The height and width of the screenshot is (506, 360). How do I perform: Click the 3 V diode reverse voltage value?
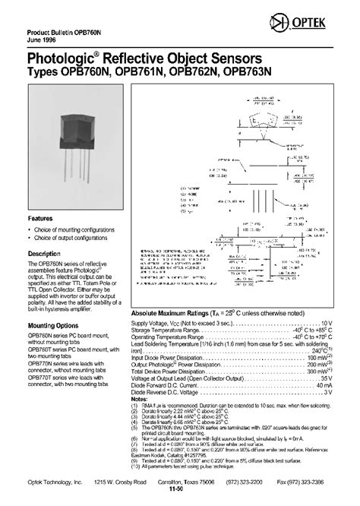coord(330,391)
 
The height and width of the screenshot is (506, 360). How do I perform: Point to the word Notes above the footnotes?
coord(141,399)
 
